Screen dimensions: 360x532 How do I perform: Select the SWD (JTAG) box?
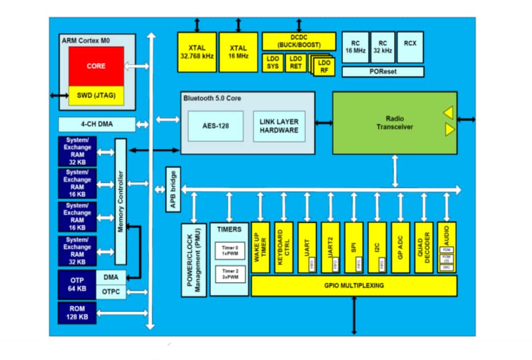(96, 96)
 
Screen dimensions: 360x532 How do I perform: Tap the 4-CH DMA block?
(97, 124)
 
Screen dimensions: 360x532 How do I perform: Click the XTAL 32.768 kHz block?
(196, 52)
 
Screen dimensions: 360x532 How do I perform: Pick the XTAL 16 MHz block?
(238, 52)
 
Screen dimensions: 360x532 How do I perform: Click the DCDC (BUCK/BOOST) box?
(299, 41)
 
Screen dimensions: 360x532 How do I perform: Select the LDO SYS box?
(272, 63)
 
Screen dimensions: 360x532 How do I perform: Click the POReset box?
(383, 72)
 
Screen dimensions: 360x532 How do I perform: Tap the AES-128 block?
(216, 125)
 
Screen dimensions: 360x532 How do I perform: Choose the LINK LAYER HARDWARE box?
(279, 126)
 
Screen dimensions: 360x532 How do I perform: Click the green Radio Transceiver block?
(395, 122)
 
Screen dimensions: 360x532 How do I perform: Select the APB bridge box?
(172, 189)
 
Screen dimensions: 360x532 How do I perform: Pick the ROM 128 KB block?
(77, 312)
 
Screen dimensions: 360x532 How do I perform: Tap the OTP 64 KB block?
(77, 284)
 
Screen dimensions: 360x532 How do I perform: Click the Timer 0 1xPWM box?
(229, 251)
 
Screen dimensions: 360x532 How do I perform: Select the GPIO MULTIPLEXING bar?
(353, 286)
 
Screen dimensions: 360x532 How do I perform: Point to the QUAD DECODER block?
(424, 247)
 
